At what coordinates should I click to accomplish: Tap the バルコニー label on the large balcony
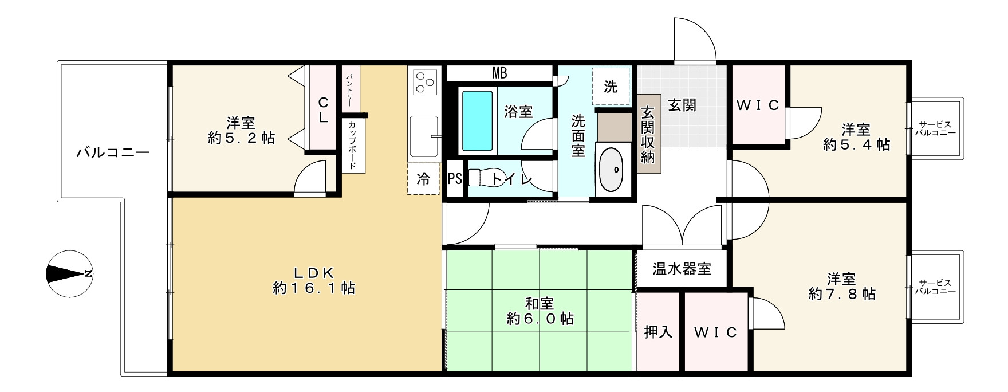tap(113, 153)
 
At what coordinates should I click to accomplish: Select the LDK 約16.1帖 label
tap(314, 280)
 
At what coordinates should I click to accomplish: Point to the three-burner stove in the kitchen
tap(424, 81)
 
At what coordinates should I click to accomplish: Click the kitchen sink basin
tap(423, 135)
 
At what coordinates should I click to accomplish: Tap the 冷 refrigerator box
tap(423, 179)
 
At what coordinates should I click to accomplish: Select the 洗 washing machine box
tap(611, 87)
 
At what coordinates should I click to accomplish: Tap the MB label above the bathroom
tap(499, 73)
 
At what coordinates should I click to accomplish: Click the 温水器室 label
tap(682, 268)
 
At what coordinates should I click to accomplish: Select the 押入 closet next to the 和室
tap(658, 332)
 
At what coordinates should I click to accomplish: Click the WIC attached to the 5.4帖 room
tap(758, 105)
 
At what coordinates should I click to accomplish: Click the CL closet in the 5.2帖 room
tap(323, 110)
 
